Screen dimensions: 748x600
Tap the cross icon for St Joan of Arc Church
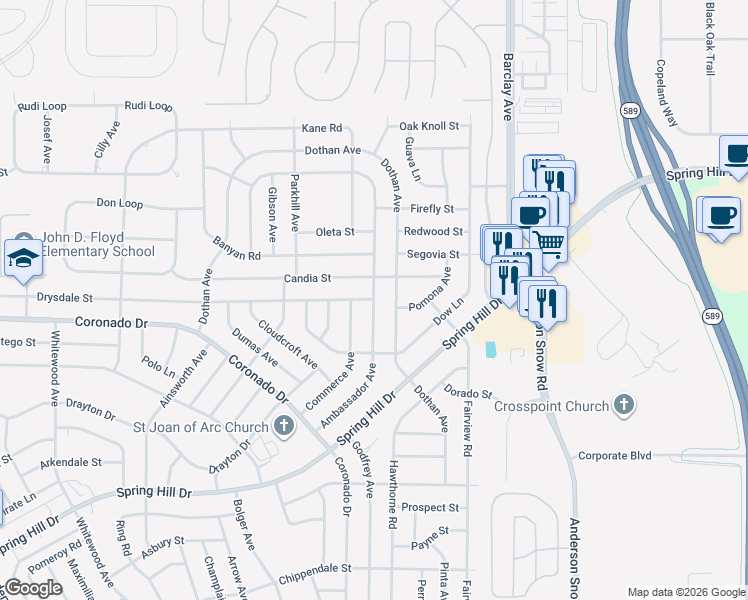pyautogui.click(x=284, y=426)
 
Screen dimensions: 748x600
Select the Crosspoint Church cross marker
pyautogui.click(x=624, y=405)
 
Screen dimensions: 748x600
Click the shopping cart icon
pyautogui.click(x=548, y=242)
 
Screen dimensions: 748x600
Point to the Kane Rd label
pyautogui.click(x=322, y=128)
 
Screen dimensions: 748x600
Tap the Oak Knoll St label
pyautogui.click(x=428, y=126)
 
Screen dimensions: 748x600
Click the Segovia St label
pyautogui.click(x=432, y=254)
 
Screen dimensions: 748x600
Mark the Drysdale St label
pyautogui.click(x=63, y=298)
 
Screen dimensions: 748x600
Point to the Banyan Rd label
pyautogui.click(x=236, y=249)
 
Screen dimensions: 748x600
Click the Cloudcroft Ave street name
pyautogui.click(x=288, y=343)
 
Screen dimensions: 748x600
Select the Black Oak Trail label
pyautogui.click(x=710, y=39)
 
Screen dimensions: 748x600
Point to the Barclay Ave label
pyautogui.click(x=508, y=87)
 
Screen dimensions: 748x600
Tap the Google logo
pyautogui.click(x=32, y=589)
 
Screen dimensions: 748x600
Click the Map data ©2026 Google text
pyautogui.click(x=686, y=592)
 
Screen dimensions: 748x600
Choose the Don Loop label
pyautogui.click(x=120, y=203)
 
